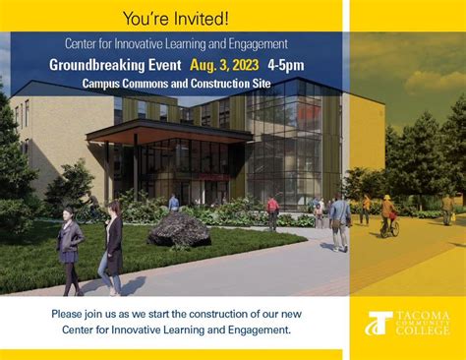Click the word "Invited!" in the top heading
click(204, 19)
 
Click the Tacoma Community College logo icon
click(379, 324)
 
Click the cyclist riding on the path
click(389, 214)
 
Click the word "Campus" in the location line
click(103, 84)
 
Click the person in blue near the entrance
click(174, 203)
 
